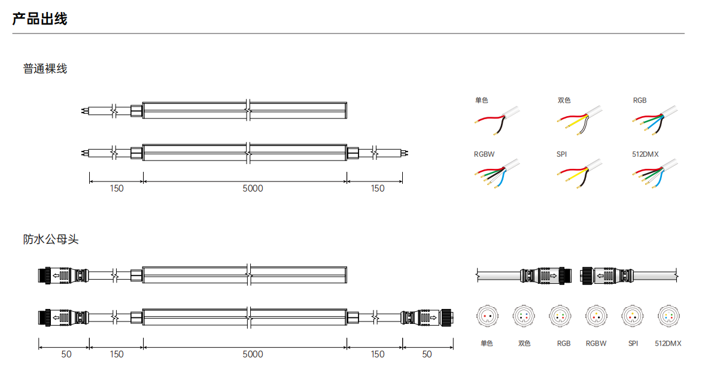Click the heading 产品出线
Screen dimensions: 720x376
tap(40, 19)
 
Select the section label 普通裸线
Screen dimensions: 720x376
tap(45, 69)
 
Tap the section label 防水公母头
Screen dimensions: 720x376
tap(51, 239)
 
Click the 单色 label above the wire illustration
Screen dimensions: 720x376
tap(482, 101)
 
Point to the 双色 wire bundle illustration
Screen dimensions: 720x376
tap(580, 120)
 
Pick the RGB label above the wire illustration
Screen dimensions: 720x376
tap(640, 101)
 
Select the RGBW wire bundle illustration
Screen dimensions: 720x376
tap(497, 174)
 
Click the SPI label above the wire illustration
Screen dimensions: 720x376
tap(561, 154)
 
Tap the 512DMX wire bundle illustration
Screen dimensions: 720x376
tap(655, 174)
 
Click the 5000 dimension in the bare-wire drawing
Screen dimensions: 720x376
tap(253, 189)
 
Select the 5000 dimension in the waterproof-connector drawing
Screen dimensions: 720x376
tap(253, 354)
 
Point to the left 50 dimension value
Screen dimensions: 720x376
tap(66, 354)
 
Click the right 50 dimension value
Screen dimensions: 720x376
tap(427, 354)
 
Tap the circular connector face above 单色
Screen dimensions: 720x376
tap(487, 316)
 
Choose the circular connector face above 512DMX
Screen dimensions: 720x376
tap(669, 316)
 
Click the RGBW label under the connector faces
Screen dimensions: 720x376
tap(596, 344)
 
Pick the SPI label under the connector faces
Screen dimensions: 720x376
tap(633, 344)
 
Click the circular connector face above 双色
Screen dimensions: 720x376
tap(524, 316)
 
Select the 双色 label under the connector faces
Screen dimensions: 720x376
tap(524, 344)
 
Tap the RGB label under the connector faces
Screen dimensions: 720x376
tap(564, 344)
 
